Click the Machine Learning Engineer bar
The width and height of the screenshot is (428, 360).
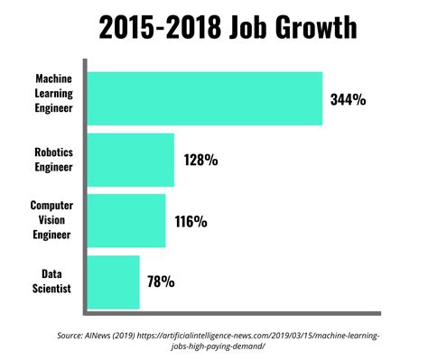coord(203,97)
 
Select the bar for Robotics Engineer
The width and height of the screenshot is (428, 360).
coord(129,160)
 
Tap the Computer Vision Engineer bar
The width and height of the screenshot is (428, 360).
coord(125,220)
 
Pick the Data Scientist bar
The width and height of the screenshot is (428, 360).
coord(112,282)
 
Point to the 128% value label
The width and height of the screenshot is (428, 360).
coord(200,161)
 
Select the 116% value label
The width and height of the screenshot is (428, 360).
coord(191,221)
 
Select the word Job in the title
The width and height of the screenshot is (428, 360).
coord(237,29)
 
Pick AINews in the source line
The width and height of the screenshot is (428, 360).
coord(112,336)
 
